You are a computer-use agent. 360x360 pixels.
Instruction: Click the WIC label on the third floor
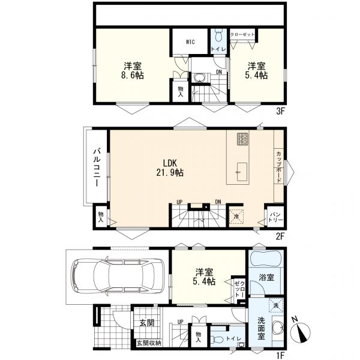(190, 42)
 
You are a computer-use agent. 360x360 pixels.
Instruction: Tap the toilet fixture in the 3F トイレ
(218, 35)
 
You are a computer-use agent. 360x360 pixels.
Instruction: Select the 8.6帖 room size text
(133, 76)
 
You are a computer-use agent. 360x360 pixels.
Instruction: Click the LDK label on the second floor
(170, 163)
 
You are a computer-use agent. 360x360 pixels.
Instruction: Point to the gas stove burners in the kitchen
(243, 139)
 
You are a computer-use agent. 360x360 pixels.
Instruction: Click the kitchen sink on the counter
(242, 172)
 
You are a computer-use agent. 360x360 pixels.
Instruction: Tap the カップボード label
(278, 167)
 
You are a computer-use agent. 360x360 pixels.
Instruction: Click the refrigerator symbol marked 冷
(236, 216)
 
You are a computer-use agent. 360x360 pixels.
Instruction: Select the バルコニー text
(97, 167)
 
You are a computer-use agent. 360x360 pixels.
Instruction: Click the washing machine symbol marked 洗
(276, 305)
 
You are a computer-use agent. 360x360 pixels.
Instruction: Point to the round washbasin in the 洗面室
(278, 327)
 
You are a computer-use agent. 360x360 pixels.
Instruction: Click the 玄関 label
(147, 323)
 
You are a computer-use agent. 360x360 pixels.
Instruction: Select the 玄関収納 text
(149, 343)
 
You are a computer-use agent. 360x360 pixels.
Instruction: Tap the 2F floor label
(280, 236)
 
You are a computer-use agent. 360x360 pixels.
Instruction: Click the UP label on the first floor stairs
(181, 322)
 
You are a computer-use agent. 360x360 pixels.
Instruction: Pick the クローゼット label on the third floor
(242, 34)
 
